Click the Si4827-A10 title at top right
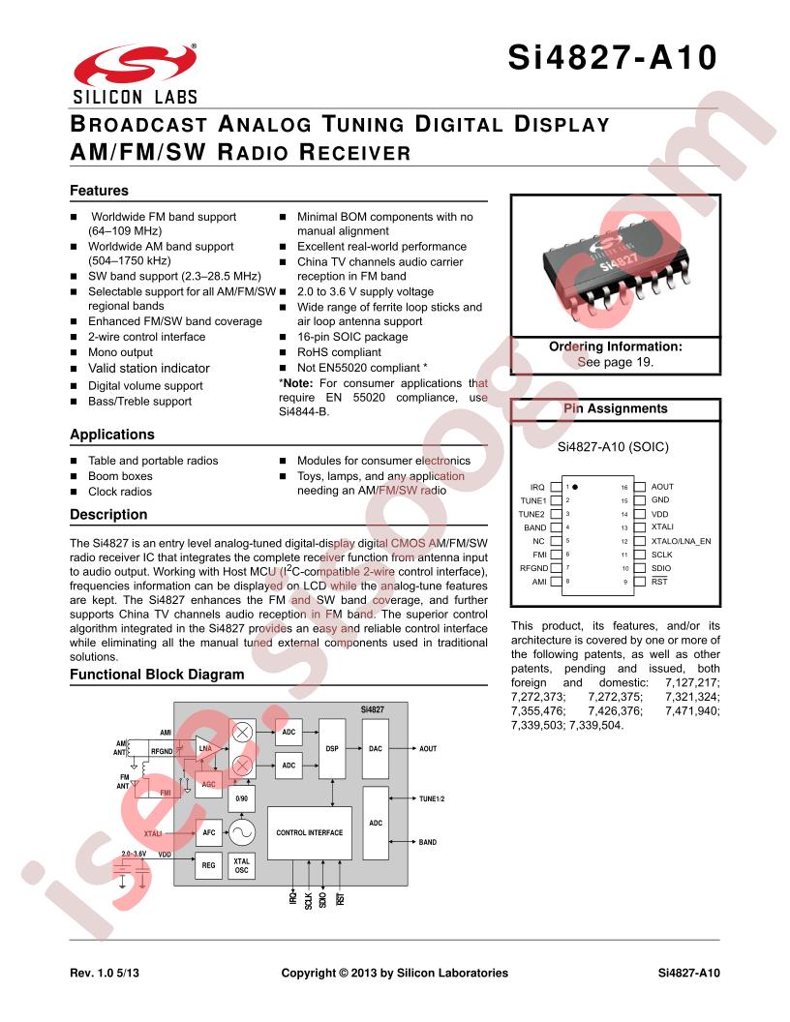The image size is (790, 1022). (x=613, y=57)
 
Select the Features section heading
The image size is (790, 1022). (x=99, y=191)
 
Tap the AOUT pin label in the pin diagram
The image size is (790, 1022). (x=662, y=487)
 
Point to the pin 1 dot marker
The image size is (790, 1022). (x=575, y=487)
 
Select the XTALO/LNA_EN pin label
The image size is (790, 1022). (x=682, y=541)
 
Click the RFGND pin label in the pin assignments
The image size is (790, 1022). (x=533, y=568)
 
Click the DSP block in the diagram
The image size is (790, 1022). (x=332, y=749)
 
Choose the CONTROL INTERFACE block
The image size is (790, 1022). (x=310, y=833)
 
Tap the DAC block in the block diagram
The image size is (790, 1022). (x=376, y=749)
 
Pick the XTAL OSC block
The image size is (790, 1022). (x=242, y=865)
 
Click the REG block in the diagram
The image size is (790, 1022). (x=208, y=865)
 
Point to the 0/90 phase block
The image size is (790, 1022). (x=242, y=798)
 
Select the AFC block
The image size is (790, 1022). (x=208, y=832)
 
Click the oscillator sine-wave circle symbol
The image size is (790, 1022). (x=242, y=832)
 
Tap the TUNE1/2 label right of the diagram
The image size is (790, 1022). (x=432, y=799)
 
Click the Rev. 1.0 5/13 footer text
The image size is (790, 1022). (x=105, y=973)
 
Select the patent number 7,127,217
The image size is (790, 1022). (x=692, y=683)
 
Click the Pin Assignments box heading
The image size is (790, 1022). (x=616, y=408)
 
